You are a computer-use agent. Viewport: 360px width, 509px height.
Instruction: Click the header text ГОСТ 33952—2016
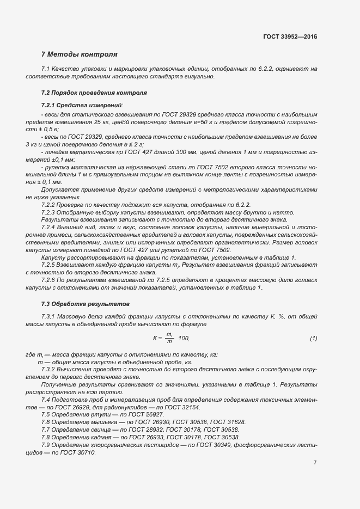pos(289,36)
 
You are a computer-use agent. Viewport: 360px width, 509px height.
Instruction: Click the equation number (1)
pos(314,339)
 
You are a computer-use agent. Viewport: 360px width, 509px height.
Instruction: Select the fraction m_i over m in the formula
pos(169,339)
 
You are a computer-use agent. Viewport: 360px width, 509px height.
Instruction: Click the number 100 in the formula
pos(184,339)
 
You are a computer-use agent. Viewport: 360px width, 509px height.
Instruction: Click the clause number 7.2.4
pos(50,226)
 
